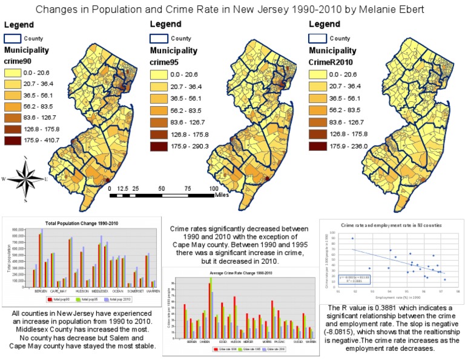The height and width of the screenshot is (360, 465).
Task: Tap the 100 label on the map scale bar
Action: (x=214, y=188)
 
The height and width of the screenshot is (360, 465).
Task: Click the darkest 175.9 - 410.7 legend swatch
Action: (x=15, y=142)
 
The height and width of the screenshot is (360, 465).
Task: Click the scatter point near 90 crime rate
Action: (x=352, y=238)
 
